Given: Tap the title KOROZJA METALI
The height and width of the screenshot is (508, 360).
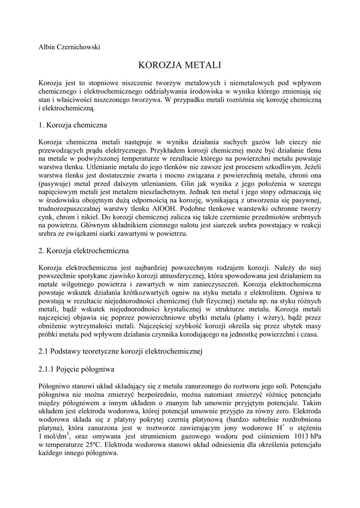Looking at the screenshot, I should tap(179, 65).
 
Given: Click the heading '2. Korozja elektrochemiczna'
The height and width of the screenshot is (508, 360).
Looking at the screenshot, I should tap(83, 251).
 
